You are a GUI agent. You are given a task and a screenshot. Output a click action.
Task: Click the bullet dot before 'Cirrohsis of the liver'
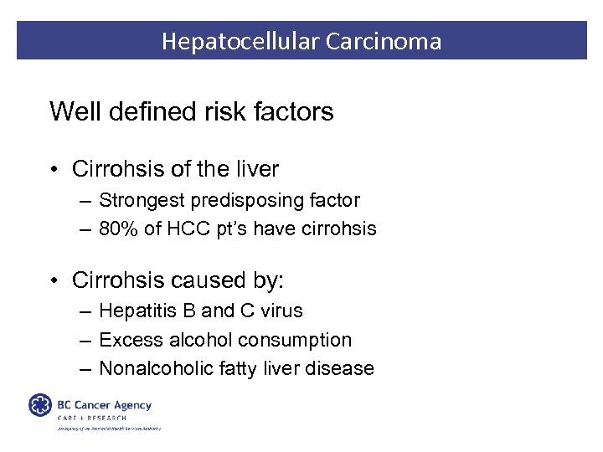coord(53,170)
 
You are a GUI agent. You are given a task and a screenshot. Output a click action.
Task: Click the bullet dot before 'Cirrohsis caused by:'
coord(53,280)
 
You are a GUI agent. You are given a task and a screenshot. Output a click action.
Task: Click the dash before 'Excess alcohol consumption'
coord(87,340)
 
